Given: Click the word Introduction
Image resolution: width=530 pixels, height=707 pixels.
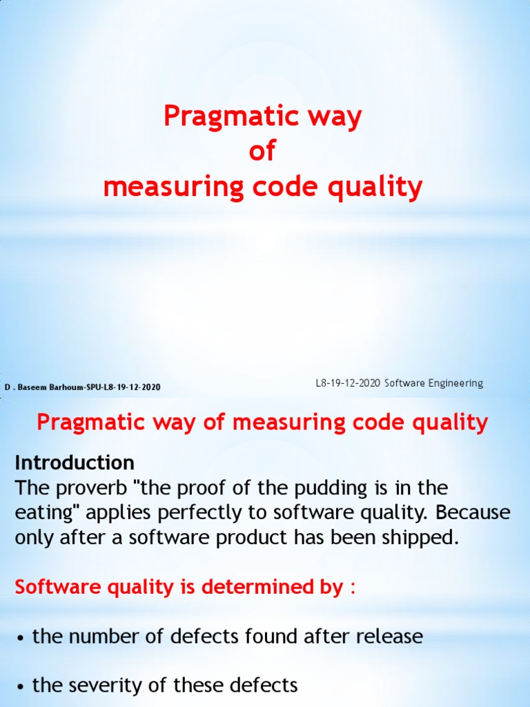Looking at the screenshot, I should pos(75,462).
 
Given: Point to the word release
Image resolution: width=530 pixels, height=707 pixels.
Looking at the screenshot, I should pos(391,636).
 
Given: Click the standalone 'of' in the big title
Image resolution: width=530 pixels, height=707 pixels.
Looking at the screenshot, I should pos(262,152).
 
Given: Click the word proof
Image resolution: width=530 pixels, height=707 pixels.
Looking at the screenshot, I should pos(218,488).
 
